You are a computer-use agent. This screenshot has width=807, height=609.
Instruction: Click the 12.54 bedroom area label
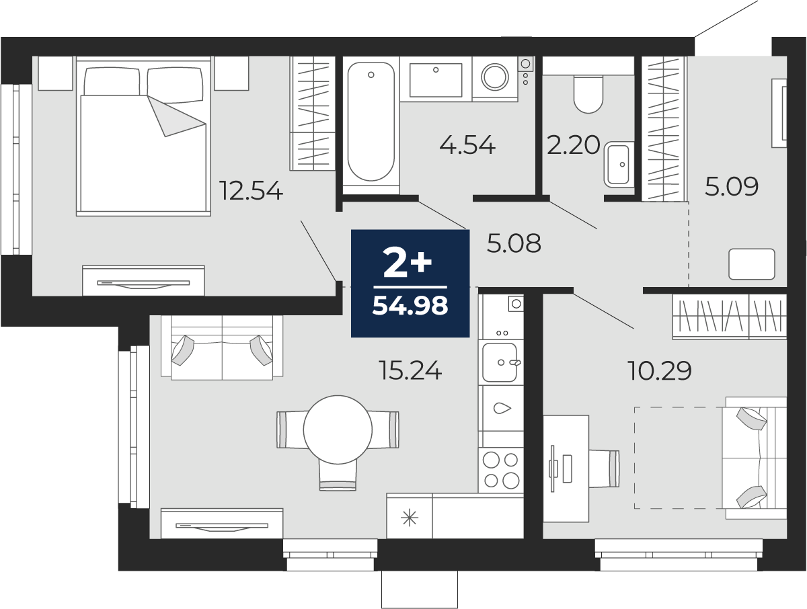251,192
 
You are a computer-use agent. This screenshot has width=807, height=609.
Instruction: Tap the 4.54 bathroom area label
467,145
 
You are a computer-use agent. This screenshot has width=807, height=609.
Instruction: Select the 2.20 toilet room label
573,145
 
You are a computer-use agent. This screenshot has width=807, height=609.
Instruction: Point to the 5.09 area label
732,187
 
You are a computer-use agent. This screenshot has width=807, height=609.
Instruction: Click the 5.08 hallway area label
514,244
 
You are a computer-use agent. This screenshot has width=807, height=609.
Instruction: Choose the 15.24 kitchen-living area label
410,370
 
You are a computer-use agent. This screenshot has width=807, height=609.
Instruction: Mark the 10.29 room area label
660,370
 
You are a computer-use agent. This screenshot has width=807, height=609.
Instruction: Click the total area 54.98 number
410,307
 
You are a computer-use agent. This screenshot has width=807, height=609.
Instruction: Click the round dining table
338,428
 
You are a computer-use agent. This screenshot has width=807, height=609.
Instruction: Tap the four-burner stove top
501,470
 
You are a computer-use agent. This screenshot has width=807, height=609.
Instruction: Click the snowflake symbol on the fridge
409,518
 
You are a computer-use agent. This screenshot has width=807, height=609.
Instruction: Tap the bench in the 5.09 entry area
753,263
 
